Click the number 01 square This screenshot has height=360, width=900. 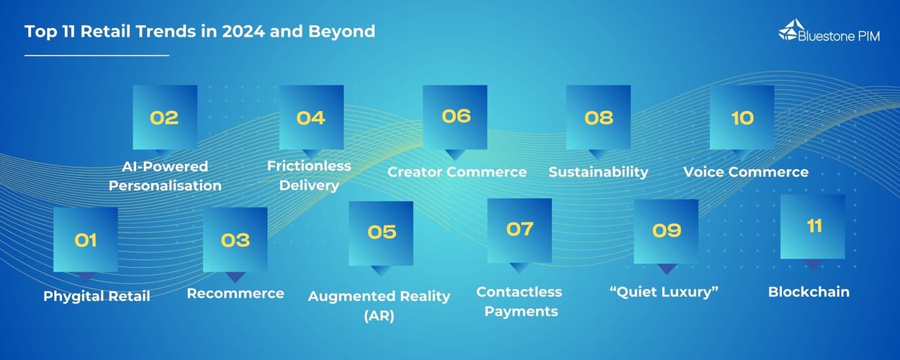[86, 240]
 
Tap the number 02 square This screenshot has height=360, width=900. [165, 117]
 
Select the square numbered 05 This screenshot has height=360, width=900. [381, 233]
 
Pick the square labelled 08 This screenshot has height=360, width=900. [598, 117]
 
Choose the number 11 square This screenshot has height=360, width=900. [813, 226]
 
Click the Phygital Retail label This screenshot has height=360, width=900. [96, 296]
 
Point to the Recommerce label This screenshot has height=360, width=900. [235, 293]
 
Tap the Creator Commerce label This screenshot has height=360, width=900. [457, 172]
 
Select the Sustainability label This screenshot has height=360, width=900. [598, 172]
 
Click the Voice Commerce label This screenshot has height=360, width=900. [745, 172]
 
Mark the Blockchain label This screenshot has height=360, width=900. [809, 292]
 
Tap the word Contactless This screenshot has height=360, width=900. [519, 292]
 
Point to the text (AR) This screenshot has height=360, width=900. [379, 315]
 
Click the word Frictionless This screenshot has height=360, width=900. [310, 166]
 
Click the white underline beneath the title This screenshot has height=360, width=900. [96, 55]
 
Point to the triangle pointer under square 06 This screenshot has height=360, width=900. [454, 154]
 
